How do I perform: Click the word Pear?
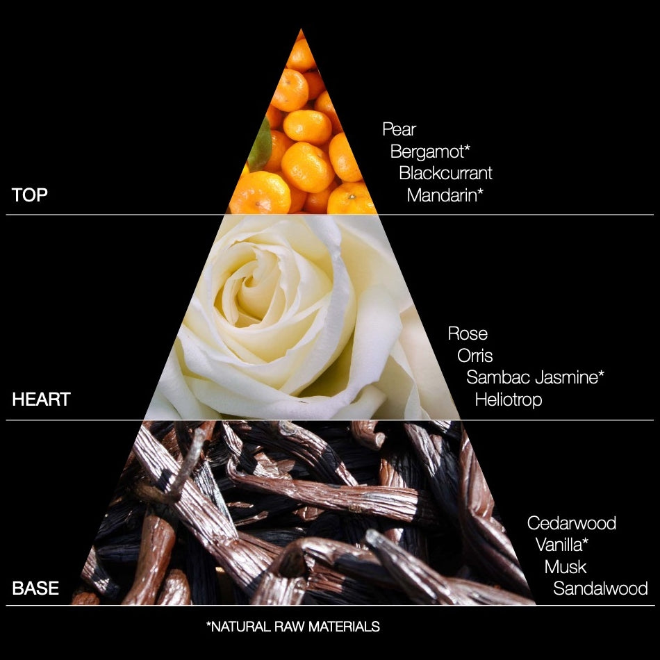399,129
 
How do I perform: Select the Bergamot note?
430,151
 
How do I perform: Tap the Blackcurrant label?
445,173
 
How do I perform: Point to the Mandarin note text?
445,195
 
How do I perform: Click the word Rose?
468,333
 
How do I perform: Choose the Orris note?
475,356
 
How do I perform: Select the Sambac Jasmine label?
535,377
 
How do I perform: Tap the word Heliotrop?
509,399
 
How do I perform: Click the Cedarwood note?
572,523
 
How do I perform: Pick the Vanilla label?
562,545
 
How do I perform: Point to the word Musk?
566,566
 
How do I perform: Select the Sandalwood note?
600,588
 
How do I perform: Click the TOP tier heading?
29,195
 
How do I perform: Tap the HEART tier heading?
41,399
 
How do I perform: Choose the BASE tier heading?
35,588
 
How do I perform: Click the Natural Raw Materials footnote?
293,627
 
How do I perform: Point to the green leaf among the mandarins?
260,145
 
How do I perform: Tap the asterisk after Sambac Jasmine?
601,373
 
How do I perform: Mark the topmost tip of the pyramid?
301,28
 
